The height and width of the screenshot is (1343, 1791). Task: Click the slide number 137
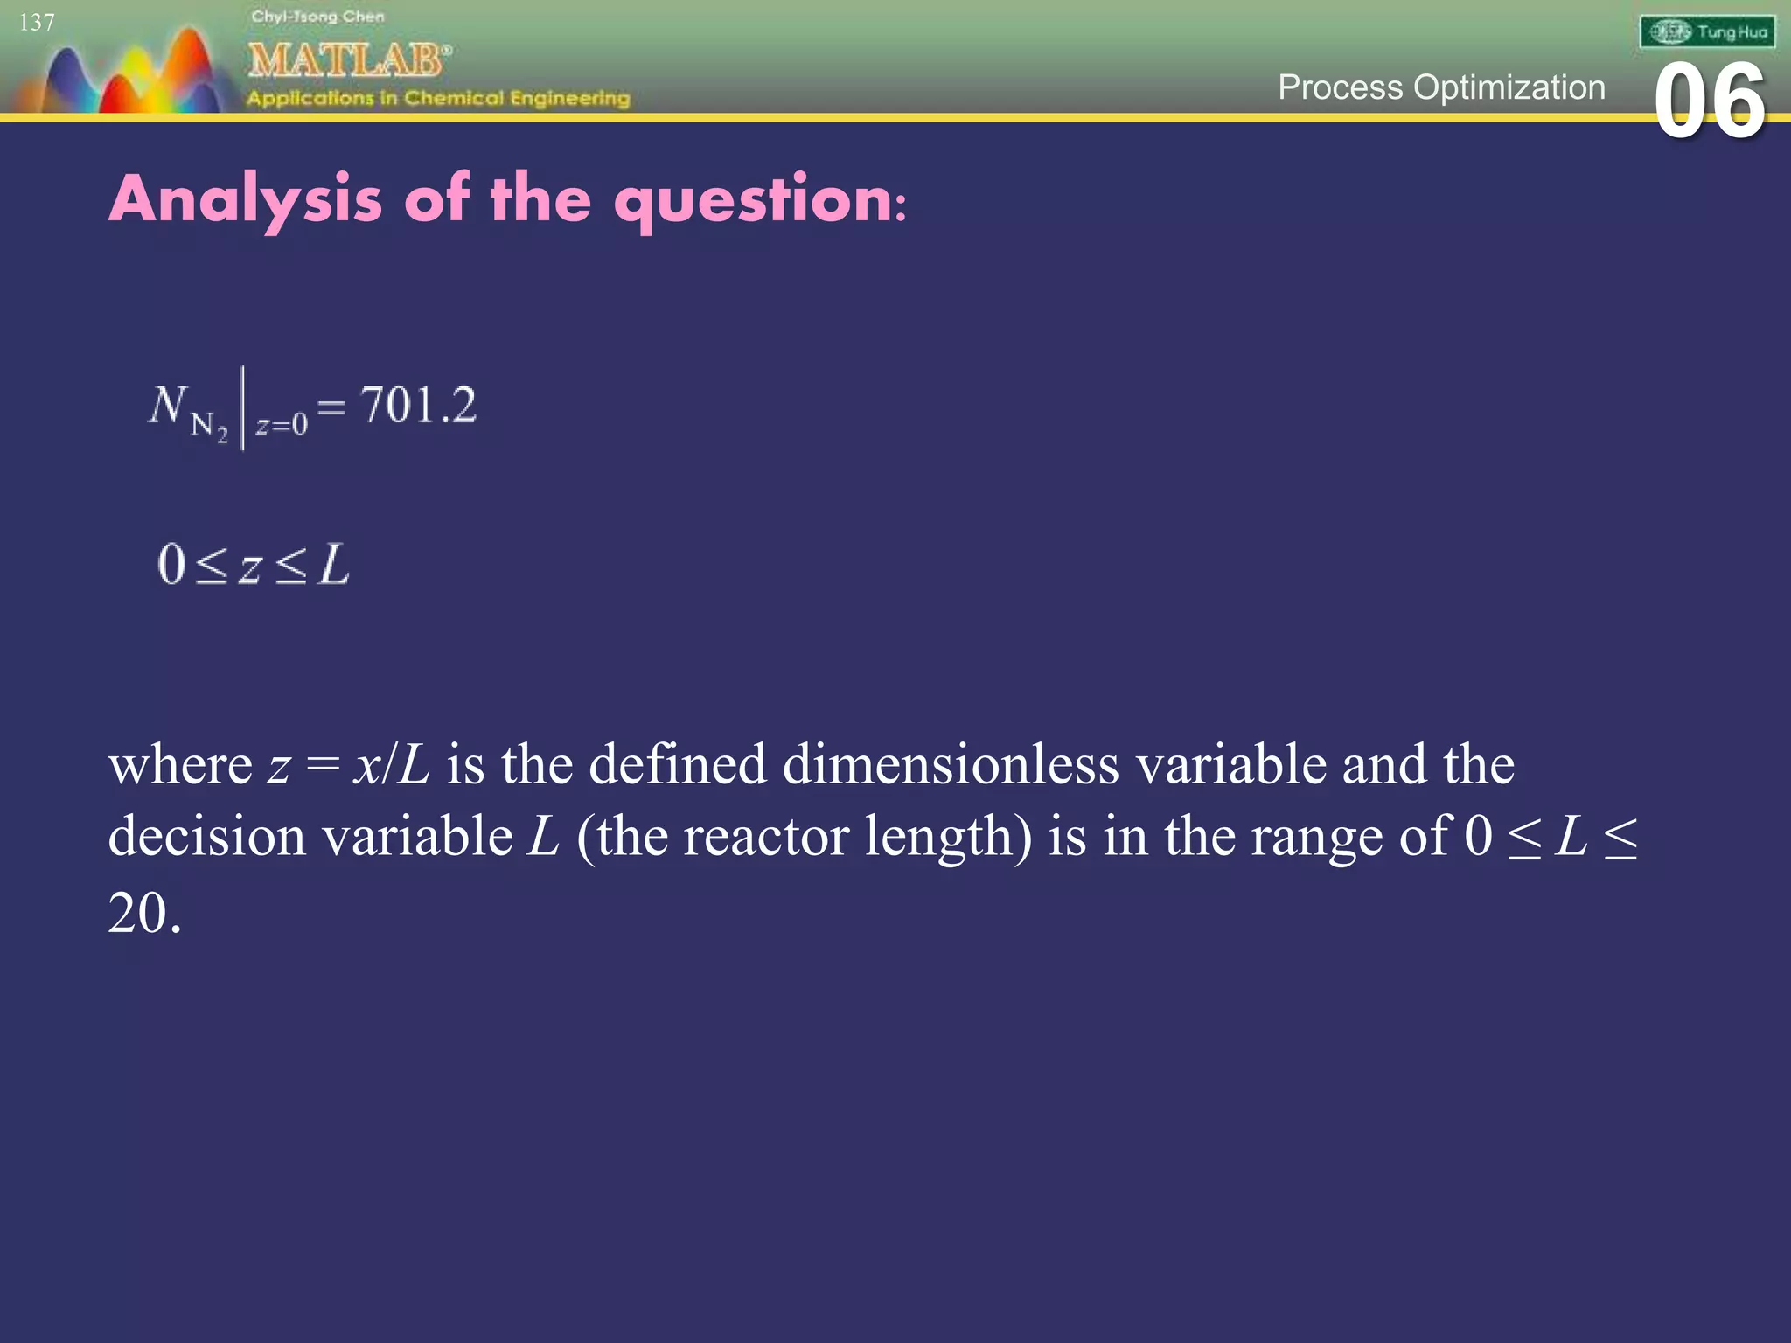pyautogui.click(x=37, y=22)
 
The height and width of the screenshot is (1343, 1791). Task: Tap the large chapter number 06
pyautogui.click(x=1710, y=102)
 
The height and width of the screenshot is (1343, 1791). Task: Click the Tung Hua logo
pyautogui.click(x=1707, y=32)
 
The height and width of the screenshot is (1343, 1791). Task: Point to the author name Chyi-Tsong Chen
pyautogui.click(x=317, y=17)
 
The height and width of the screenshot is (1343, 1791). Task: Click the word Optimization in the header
pyautogui.click(x=1509, y=87)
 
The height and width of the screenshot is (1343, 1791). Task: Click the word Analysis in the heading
pyautogui.click(x=246, y=200)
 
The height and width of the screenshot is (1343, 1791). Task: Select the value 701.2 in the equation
pyautogui.click(x=418, y=406)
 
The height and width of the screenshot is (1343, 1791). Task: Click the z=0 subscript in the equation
pyautogui.click(x=282, y=425)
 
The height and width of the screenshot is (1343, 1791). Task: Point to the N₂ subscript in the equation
pyautogui.click(x=209, y=427)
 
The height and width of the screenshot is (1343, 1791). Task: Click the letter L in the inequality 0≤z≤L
pyautogui.click(x=334, y=564)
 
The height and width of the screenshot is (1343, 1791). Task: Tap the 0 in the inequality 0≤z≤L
pyautogui.click(x=171, y=564)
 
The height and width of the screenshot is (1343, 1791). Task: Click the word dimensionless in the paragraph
pyautogui.click(x=951, y=764)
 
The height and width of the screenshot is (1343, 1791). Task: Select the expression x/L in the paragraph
pyautogui.click(x=392, y=764)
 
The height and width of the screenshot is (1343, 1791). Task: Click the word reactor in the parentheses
pyautogui.click(x=766, y=836)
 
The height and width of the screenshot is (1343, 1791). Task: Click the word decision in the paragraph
pyautogui.click(x=207, y=836)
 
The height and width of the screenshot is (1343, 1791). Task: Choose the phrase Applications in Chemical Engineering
pyautogui.click(x=438, y=98)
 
